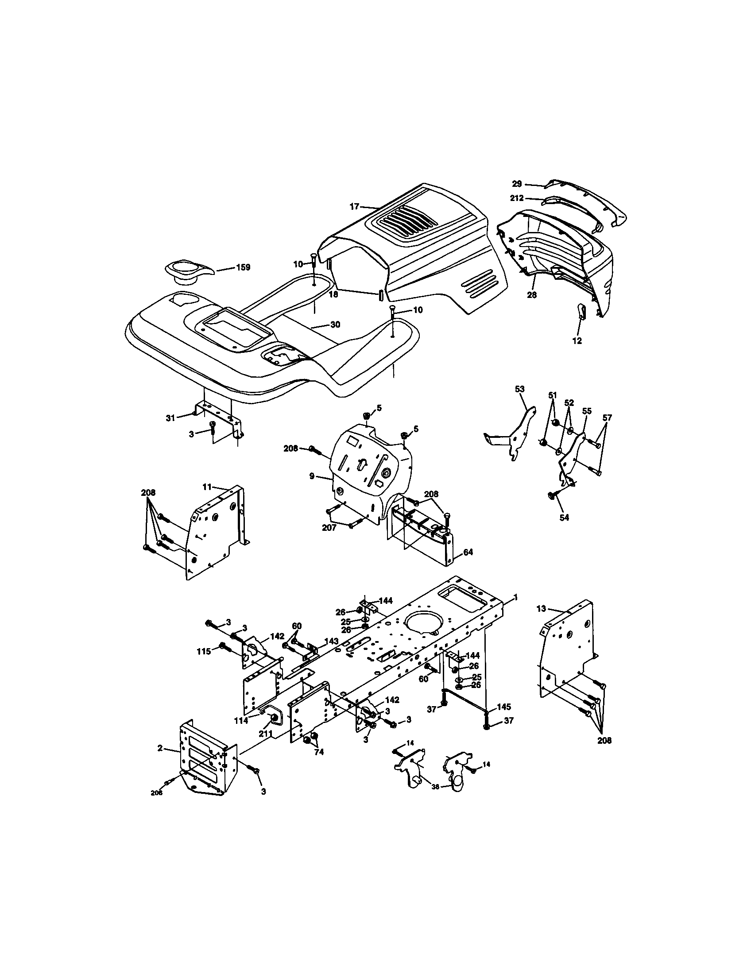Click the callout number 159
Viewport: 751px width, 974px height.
(243, 267)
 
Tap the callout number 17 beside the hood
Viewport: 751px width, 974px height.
(354, 206)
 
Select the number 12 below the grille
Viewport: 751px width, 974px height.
(577, 341)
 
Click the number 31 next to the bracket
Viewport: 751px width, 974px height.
(170, 418)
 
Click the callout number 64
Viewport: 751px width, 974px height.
(468, 552)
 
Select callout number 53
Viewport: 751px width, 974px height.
(519, 389)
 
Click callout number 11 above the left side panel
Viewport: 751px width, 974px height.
(207, 487)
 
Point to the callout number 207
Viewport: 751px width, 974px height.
(329, 528)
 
